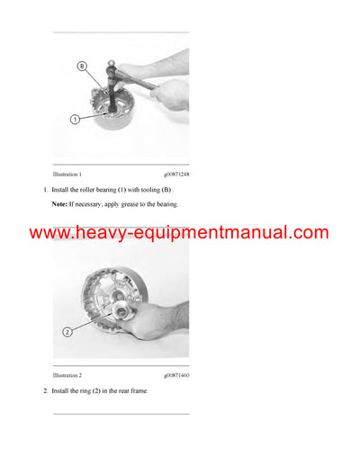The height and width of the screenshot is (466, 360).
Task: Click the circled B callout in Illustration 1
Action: click(81, 66)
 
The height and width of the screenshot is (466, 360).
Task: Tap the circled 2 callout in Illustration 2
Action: click(67, 332)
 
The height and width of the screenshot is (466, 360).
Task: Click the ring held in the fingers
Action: click(118, 314)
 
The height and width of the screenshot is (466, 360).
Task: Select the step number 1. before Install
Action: click(45, 190)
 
